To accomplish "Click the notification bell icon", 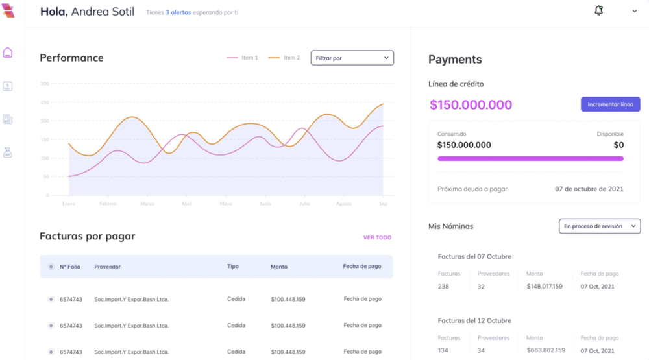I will [x=598, y=10].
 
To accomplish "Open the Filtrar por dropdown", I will [x=352, y=58].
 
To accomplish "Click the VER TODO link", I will [x=377, y=237].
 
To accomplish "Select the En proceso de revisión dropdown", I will [x=600, y=226].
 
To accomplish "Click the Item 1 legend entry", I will [x=243, y=58].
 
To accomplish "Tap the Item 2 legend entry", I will [x=284, y=58].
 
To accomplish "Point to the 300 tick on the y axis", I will [x=44, y=84].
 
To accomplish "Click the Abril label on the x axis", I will [x=186, y=204].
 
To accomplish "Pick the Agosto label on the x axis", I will [x=343, y=204].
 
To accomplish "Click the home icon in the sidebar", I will [x=8, y=53].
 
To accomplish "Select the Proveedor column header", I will [x=107, y=267].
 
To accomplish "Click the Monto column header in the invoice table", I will [x=278, y=267].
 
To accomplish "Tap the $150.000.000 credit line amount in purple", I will [x=471, y=104].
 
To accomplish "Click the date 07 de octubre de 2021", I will [x=589, y=189].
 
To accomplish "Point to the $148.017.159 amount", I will [x=544, y=286].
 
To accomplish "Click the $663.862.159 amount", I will [x=545, y=350].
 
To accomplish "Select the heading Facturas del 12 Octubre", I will [x=474, y=320].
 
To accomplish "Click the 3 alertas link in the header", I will [x=178, y=12].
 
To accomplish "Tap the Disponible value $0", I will [x=618, y=145].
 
